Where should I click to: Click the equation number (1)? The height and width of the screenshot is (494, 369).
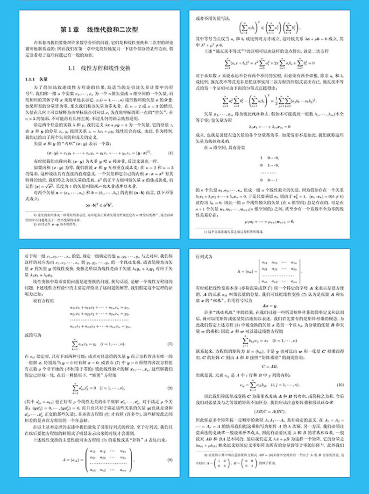point(170,153)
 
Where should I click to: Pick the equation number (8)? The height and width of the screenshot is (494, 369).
point(170,387)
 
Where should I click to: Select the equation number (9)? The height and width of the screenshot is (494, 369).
point(170,460)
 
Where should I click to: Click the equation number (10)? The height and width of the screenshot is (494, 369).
point(340,385)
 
